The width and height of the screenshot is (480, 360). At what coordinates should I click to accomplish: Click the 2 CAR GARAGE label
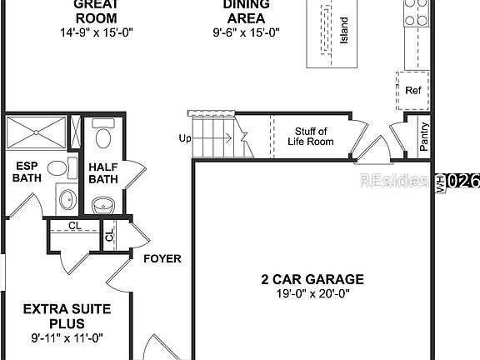point(312,279)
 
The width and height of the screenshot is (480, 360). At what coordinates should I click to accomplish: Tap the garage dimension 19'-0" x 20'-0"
point(312,293)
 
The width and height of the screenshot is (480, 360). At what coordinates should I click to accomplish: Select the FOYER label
point(162,259)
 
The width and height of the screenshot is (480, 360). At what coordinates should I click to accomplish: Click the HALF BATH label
point(103,172)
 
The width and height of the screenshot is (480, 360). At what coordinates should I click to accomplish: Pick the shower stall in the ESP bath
point(37,132)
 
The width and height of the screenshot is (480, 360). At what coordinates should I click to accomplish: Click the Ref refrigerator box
point(412,90)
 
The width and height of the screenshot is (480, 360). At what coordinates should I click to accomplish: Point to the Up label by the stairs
point(184,138)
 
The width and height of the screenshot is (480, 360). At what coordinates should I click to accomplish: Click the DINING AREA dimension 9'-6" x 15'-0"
point(245,33)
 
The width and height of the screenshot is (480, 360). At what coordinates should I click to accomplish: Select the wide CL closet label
point(73,225)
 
